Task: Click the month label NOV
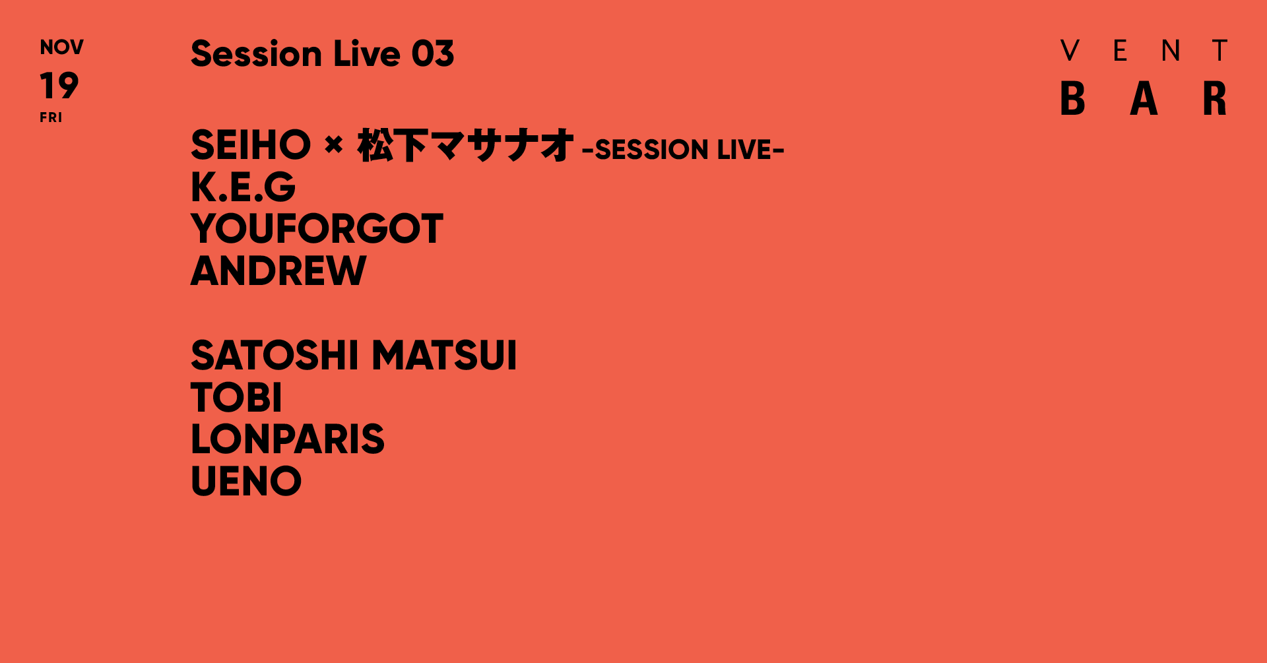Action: [x=61, y=47]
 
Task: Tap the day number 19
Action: [x=59, y=86]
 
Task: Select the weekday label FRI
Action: [x=51, y=117]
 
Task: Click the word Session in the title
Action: [x=256, y=53]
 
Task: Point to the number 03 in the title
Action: [x=433, y=53]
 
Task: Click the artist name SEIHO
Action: [x=250, y=145]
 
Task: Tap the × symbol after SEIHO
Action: [x=334, y=144]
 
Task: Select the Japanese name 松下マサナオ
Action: [x=465, y=146]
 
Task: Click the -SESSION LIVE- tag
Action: [x=683, y=150]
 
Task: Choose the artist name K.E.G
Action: [x=243, y=187]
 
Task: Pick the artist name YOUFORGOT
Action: [x=317, y=229]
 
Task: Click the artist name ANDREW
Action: [x=278, y=270]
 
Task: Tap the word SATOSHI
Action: [x=275, y=356]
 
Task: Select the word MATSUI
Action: [x=444, y=356]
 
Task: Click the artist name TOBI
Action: [x=236, y=397]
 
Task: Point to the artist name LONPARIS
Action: [x=287, y=439]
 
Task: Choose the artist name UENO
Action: [x=245, y=481]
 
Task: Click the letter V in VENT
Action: [x=1070, y=51]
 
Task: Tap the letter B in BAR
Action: [x=1072, y=98]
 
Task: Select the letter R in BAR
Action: [x=1214, y=98]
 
